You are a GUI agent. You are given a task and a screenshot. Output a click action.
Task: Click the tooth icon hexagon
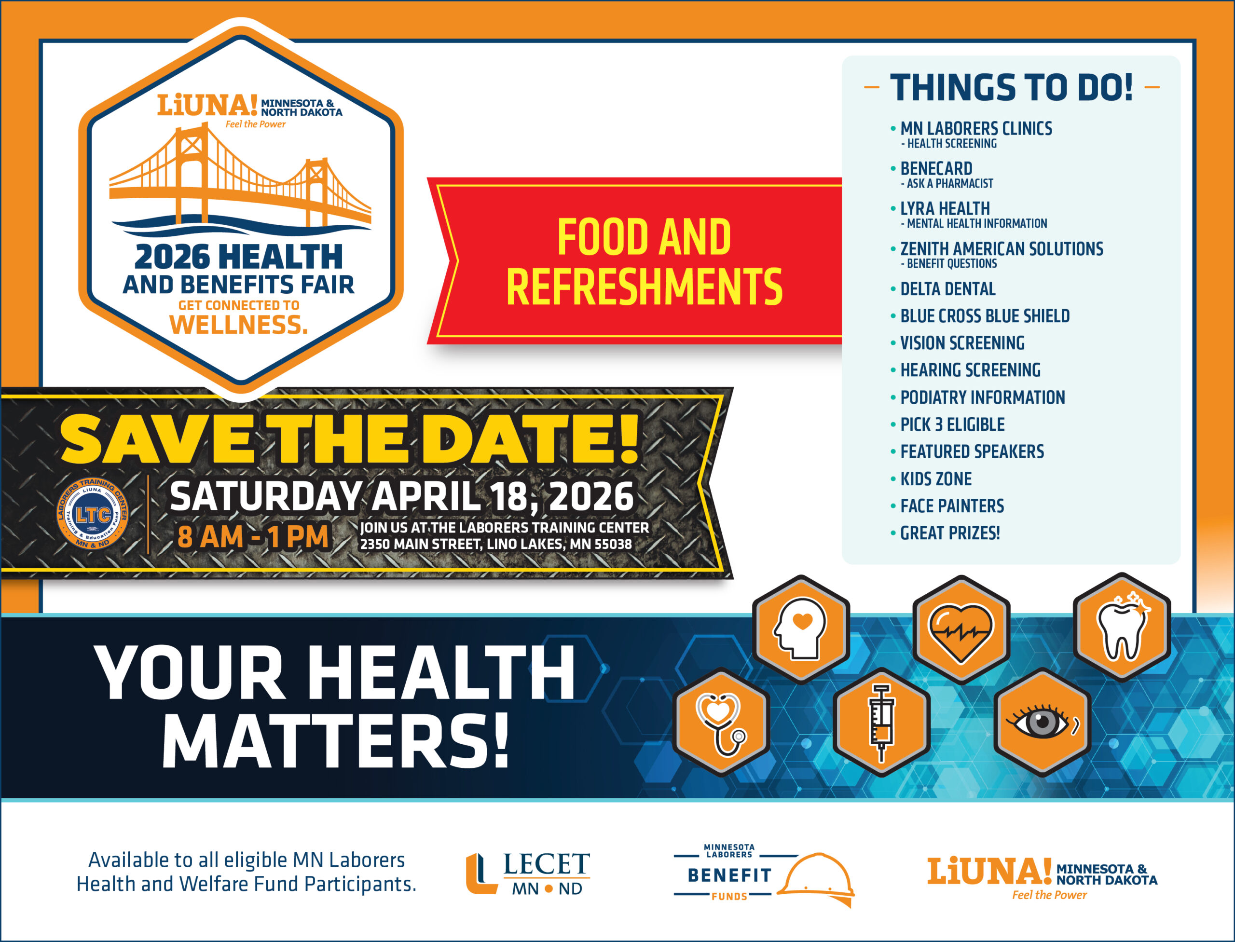click(x=1122, y=627)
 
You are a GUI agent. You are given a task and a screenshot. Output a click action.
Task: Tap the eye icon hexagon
click(x=1042, y=722)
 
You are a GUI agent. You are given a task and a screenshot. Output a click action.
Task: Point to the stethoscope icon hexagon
click(x=721, y=722)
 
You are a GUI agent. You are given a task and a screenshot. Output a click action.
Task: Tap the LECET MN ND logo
click(x=528, y=874)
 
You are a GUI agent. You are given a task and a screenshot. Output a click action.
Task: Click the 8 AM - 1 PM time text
click(x=253, y=537)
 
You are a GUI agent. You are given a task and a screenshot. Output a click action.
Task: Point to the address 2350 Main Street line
click(x=496, y=544)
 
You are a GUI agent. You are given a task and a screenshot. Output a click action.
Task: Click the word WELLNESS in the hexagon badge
click(x=238, y=325)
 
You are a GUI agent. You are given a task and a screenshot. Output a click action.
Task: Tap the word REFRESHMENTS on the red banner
click(x=644, y=287)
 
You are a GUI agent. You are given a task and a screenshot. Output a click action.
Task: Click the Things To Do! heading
click(x=1011, y=87)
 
